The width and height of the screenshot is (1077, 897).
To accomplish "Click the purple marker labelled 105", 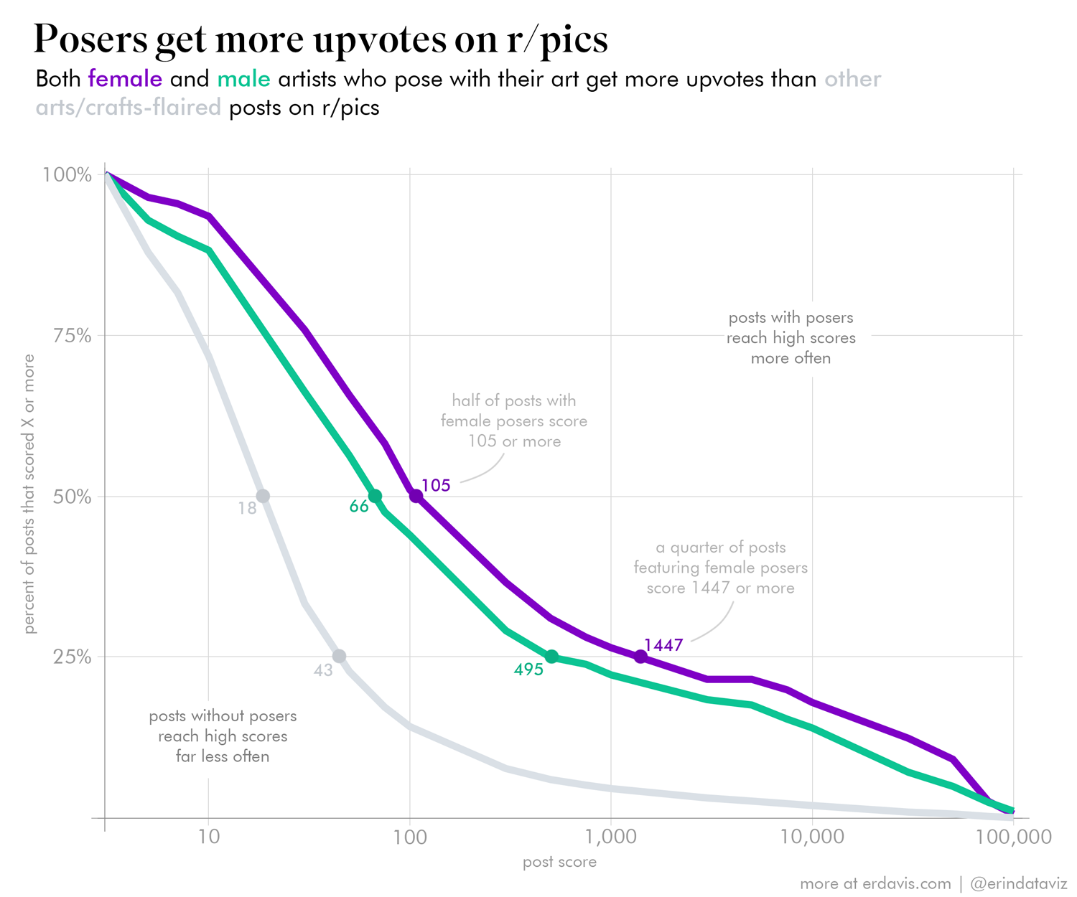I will pos(416,496).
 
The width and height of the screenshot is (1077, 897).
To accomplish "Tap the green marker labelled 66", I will pos(375,496).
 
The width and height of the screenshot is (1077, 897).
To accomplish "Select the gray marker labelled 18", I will pos(263,496).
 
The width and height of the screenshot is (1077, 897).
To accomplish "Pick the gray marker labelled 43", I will pos(340,656).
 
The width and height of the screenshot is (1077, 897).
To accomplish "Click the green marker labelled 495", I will pos(551,657).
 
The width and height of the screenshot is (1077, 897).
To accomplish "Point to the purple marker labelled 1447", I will pos(640,657).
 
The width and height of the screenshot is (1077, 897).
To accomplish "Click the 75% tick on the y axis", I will pos(73,336).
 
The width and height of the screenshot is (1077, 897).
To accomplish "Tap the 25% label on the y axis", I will pos(73,657).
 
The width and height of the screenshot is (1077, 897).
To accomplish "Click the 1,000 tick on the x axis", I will pos(610,837).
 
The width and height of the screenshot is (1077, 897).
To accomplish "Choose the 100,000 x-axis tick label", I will pos(1013,837).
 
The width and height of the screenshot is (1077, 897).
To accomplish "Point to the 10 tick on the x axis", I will pos(208,837).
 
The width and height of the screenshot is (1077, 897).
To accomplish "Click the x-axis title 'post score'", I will pos(559,862).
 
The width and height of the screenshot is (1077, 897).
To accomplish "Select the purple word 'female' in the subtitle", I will pos(125,79).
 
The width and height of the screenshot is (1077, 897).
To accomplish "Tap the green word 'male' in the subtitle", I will pos(243,79).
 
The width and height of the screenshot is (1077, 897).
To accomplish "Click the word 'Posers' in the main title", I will pos(90,39).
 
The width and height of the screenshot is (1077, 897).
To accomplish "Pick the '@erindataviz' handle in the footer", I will pos(1018,883).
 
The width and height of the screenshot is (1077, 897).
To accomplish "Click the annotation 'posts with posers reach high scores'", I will pos(791,338).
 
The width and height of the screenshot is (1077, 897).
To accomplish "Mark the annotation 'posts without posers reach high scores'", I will pos(223,736).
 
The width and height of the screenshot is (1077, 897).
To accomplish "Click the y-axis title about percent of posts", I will pos(29,494).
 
